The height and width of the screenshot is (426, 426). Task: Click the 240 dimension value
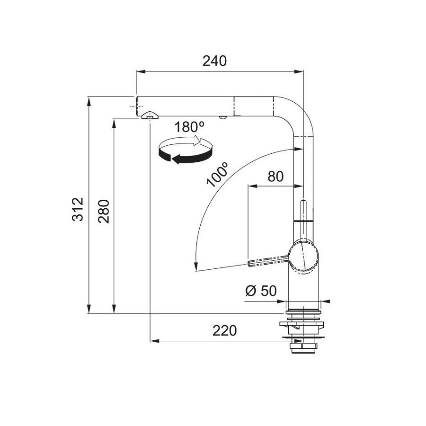[x=214, y=61]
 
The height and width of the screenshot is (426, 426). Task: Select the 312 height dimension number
[x=78, y=210]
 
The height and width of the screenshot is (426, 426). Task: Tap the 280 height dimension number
[x=104, y=212]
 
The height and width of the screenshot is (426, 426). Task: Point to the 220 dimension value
[x=225, y=331]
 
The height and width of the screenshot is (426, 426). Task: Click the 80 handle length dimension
[x=275, y=177]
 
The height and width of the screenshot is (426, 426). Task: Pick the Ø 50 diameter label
[x=261, y=291]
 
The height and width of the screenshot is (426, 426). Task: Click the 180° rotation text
[x=189, y=127]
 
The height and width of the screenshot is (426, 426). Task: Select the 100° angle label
[x=217, y=175]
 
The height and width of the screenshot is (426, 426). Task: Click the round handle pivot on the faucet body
[x=304, y=256]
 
